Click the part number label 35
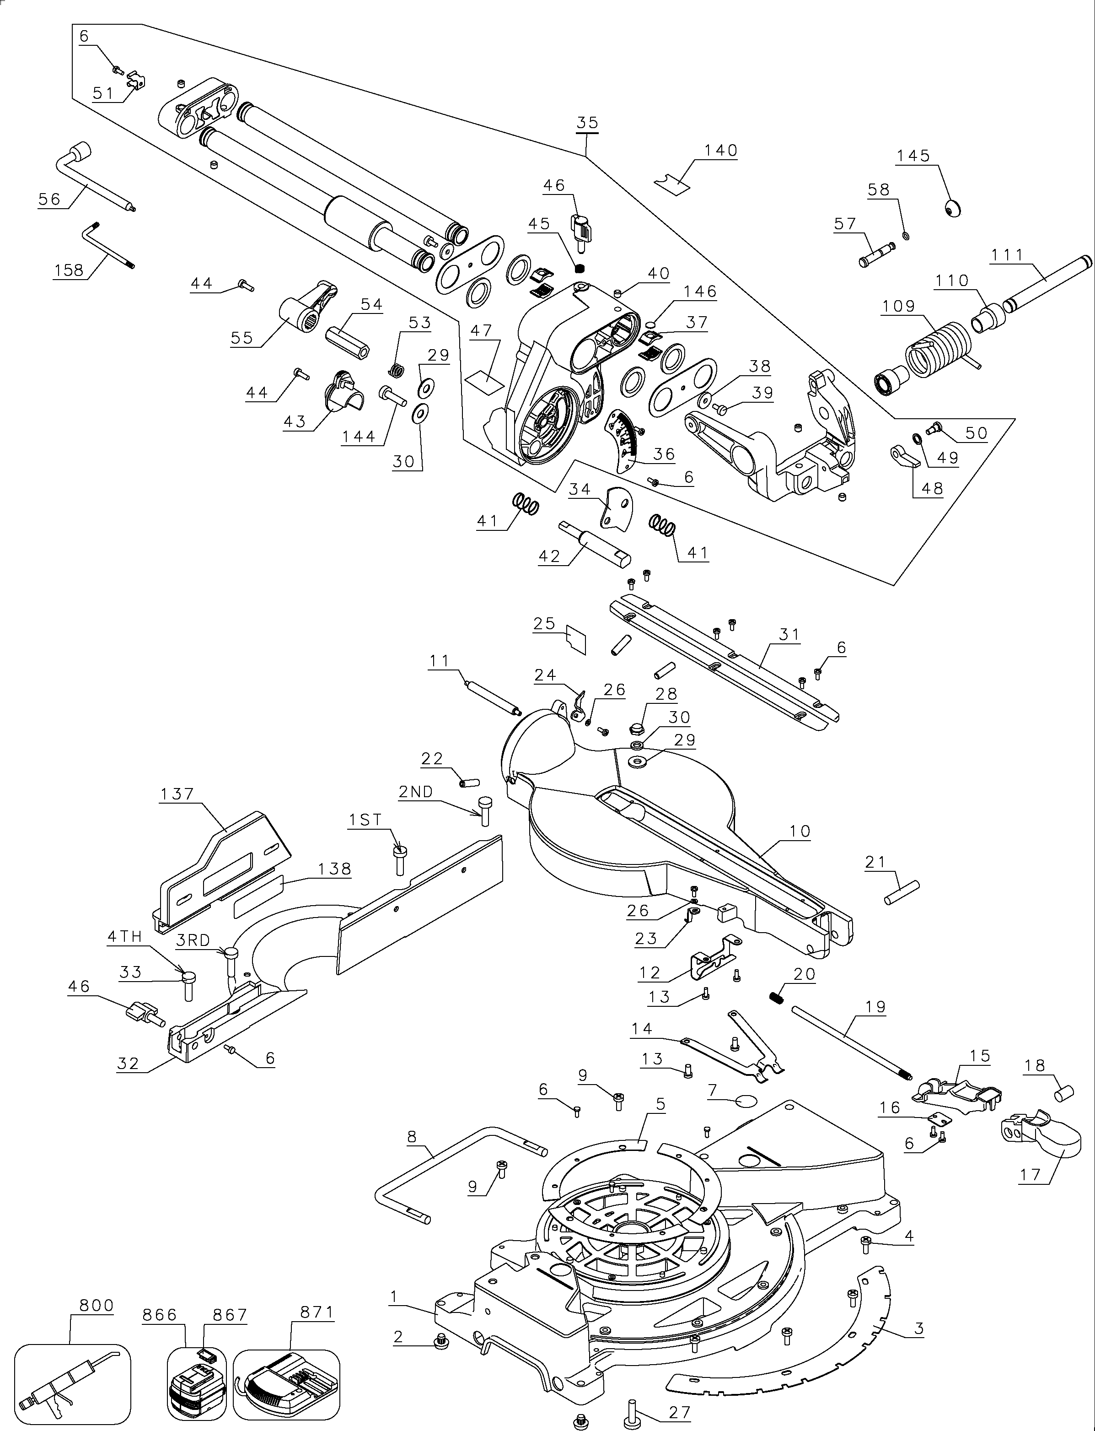click(587, 123)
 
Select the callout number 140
click(720, 150)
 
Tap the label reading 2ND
click(416, 791)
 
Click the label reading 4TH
click(124, 937)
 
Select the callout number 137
click(177, 794)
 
